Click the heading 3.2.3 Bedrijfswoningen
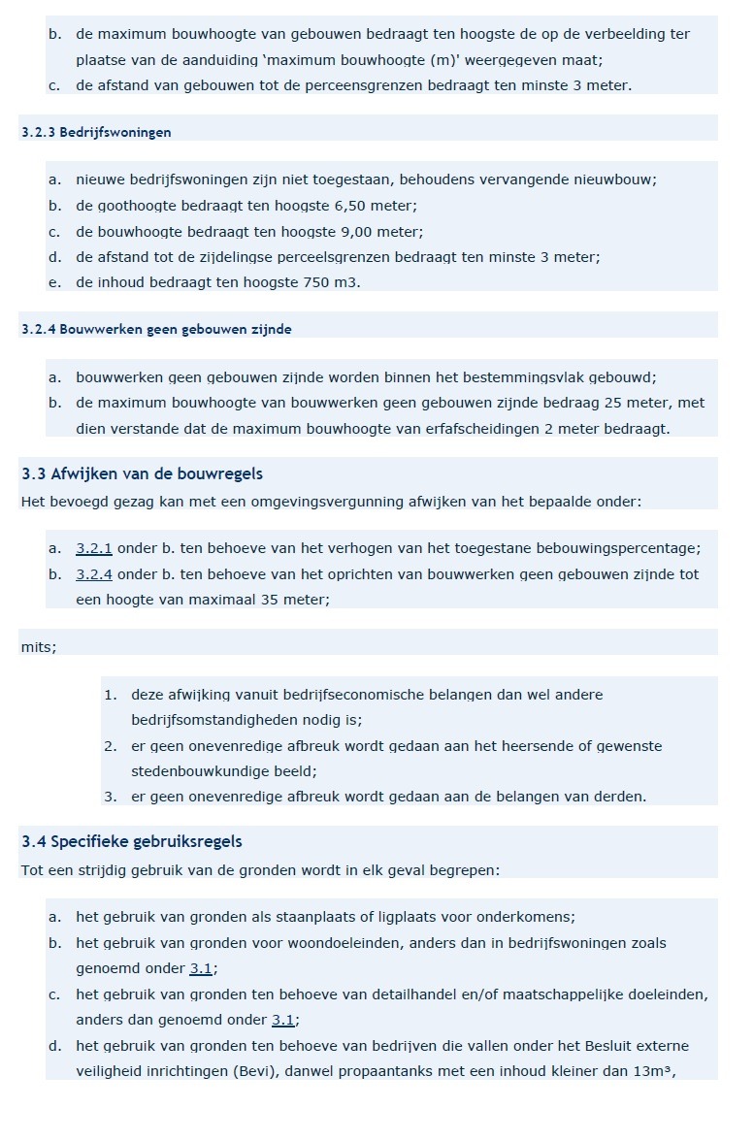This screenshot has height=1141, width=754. pos(96,132)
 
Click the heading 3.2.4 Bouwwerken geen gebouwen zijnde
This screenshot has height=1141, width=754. pos(156,329)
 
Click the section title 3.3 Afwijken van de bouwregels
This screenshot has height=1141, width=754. pos(142,473)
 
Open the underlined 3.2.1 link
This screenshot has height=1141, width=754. pos(94,548)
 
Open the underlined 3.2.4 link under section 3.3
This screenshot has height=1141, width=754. pos(94,574)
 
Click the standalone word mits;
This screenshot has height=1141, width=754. pos(39,647)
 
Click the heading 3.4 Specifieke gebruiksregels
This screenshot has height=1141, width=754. pos(132,841)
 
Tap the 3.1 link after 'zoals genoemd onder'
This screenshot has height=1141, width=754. pos(202,968)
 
